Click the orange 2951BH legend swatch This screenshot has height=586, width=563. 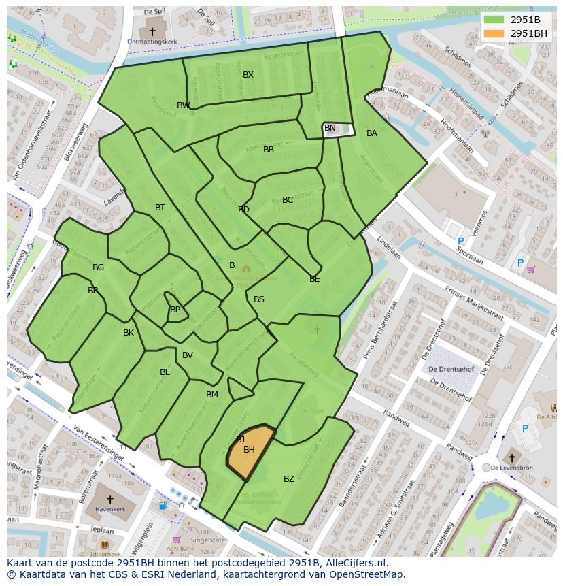pyautogui.click(x=494, y=33)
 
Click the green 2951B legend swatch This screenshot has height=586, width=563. pyautogui.click(x=494, y=20)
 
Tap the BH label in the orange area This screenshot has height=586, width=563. pyautogui.click(x=249, y=450)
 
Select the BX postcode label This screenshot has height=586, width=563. pyautogui.click(x=248, y=75)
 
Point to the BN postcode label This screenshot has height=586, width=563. pyautogui.click(x=330, y=128)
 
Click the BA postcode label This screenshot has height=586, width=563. pyautogui.click(x=372, y=133)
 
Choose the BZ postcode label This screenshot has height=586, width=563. pyautogui.click(x=289, y=479)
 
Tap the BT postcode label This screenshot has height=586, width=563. pyautogui.click(x=160, y=208)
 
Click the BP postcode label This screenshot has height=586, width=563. pyautogui.click(x=175, y=310)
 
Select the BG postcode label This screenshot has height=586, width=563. pyautogui.click(x=99, y=267)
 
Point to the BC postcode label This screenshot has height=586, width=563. pyautogui.click(x=288, y=200)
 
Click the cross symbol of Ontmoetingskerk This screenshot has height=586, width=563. pyautogui.click(x=152, y=31)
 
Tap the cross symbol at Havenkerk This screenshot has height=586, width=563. pyautogui.click(x=109, y=500)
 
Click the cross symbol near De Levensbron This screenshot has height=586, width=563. pyautogui.click(x=511, y=458)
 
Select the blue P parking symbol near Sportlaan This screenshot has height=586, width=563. pyautogui.click(x=460, y=242)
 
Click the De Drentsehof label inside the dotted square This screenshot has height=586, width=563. pyautogui.click(x=450, y=369)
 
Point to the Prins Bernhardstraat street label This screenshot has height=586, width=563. pyautogui.click(x=380, y=331)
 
